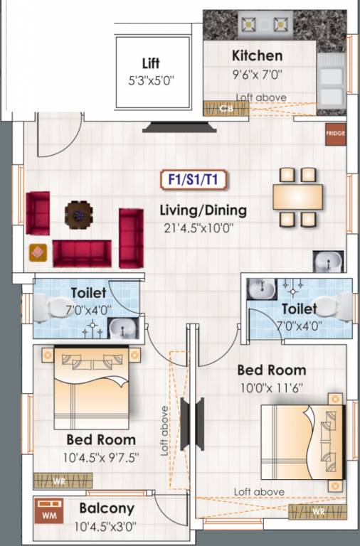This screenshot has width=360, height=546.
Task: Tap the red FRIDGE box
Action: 335,134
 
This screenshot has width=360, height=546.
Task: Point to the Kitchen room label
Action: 257,55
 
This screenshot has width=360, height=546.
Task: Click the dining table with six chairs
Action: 298,196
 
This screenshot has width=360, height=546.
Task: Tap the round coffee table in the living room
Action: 78,213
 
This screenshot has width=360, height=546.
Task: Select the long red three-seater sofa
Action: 82,252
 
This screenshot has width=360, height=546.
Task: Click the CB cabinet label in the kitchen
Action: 226,109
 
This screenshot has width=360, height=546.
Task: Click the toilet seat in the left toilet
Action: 51,308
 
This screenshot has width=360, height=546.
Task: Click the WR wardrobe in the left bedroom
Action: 59,481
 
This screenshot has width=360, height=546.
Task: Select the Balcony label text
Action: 107,508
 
